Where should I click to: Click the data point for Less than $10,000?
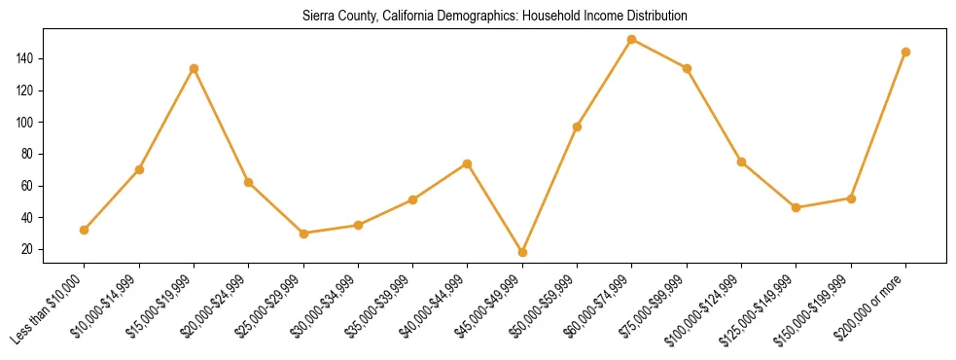[x=85, y=230]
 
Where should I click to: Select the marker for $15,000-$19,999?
[x=195, y=68]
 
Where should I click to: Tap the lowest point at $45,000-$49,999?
[x=523, y=252]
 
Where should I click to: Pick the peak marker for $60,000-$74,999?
[x=632, y=40]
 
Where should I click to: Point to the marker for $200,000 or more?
[x=905, y=53]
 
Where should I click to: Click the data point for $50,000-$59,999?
[x=578, y=126]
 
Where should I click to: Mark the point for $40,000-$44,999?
[x=468, y=163]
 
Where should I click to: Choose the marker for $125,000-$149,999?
[x=797, y=207]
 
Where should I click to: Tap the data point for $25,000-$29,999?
[x=303, y=234]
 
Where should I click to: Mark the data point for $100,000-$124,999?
[x=742, y=162]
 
